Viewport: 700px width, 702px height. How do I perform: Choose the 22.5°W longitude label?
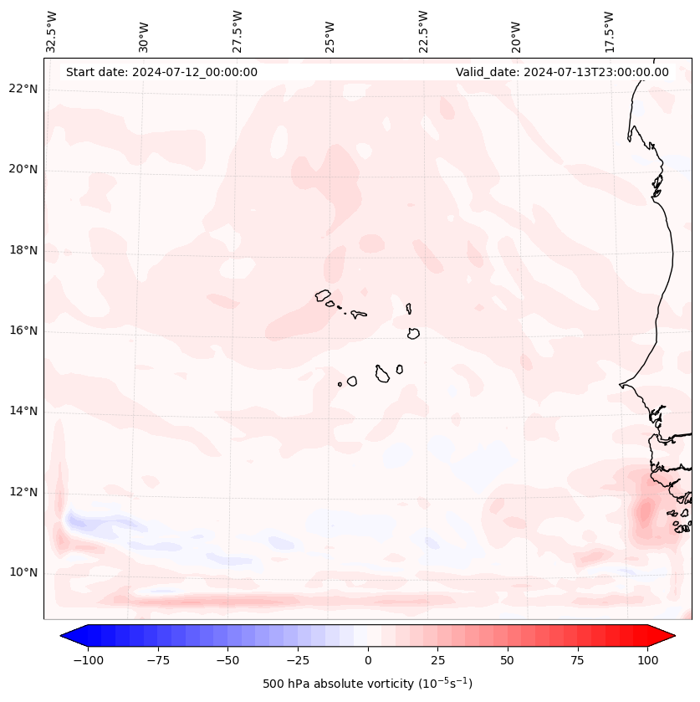pyautogui.click(x=423, y=32)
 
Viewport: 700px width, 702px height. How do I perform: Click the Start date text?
pyautogui.click(x=161, y=72)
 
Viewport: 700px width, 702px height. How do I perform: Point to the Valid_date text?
pyautogui.click(x=562, y=72)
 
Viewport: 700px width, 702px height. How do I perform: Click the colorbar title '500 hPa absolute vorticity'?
pyautogui.click(x=367, y=684)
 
